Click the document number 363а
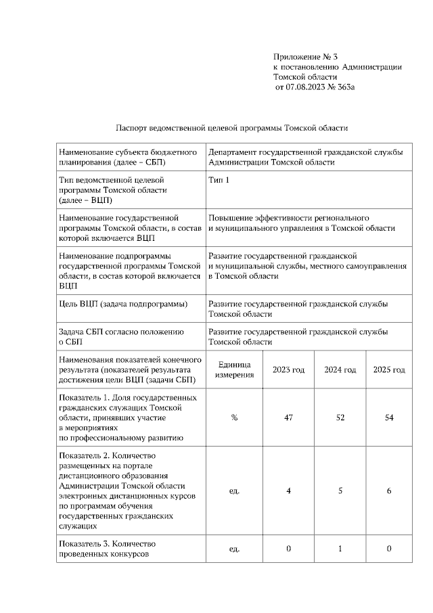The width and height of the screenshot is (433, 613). click(344, 87)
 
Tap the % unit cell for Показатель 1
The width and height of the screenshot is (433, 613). click(234, 418)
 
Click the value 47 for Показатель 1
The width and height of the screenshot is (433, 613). click(288, 418)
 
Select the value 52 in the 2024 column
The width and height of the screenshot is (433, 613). click(340, 418)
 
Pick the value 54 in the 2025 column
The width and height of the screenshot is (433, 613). click(389, 418)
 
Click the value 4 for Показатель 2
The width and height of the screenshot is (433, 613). click(288, 491)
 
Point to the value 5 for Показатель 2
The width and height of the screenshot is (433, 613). click(340, 491)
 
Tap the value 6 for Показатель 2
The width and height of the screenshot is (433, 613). click(389, 491)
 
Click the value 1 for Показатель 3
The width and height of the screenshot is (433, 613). click(340, 549)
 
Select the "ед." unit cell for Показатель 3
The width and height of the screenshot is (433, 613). click(234, 549)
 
